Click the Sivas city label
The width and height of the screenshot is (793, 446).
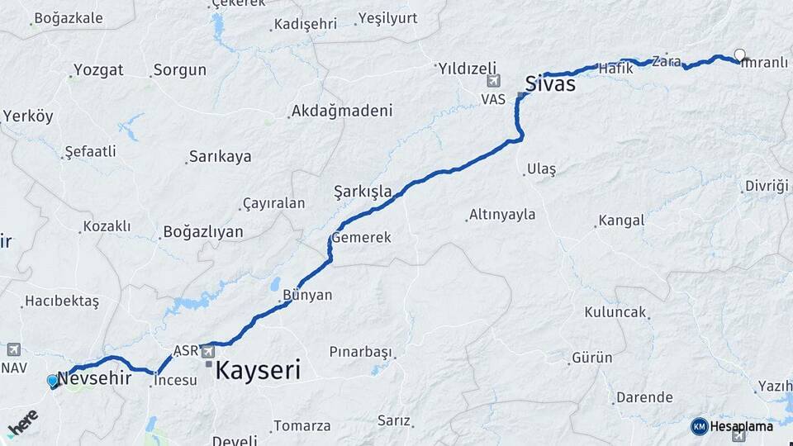550,83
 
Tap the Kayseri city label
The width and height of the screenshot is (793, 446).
257,370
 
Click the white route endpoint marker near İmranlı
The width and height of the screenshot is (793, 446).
740,55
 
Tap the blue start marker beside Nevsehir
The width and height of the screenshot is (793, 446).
54,381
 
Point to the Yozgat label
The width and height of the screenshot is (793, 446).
98,69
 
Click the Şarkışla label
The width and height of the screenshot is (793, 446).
363,192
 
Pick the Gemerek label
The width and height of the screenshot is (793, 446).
361,237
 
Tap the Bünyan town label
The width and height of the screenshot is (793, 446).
307,295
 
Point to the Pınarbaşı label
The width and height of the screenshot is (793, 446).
360,352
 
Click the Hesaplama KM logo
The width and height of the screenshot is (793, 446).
731,426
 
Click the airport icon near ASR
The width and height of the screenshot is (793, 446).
207,351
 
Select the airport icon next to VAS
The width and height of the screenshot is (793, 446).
494,81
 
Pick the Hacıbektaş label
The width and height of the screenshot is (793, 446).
62,301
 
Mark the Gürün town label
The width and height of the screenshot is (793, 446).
592,358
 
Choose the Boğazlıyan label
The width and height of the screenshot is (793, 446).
203,231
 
